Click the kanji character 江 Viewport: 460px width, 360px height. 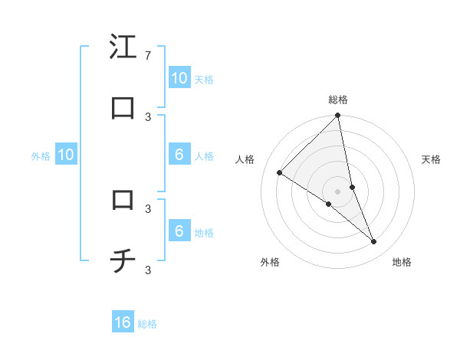(x=123, y=47)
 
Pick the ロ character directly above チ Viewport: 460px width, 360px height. (x=123, y=200)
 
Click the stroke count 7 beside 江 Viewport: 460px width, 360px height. (x=147, y=56)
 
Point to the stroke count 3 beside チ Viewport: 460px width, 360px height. (x=147, y=270)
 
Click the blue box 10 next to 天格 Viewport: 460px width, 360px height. (x=179, y=77)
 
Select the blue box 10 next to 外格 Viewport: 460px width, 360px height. (x=66, y=155)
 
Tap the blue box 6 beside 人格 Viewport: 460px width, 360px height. (x=179, y=155)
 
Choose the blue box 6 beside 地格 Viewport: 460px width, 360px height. (x=179, y=231)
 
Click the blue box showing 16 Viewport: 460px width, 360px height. (x=123, y=322)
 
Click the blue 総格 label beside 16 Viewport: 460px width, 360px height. (x=147, y=324)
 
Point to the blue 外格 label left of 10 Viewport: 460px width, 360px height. (x=41, y=156)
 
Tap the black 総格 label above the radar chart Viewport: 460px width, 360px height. (x=338, y=100)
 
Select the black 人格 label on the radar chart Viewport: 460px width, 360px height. (x=245, y=159)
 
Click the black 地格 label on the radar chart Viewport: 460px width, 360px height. (x=402, y=262)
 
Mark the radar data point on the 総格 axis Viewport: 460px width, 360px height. (x=338, y=116)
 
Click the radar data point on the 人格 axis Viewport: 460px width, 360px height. (x=280, y=172)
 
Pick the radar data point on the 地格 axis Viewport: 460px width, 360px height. (x=374, y=241)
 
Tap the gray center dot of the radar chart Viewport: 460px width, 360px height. (x=338, y=191)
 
